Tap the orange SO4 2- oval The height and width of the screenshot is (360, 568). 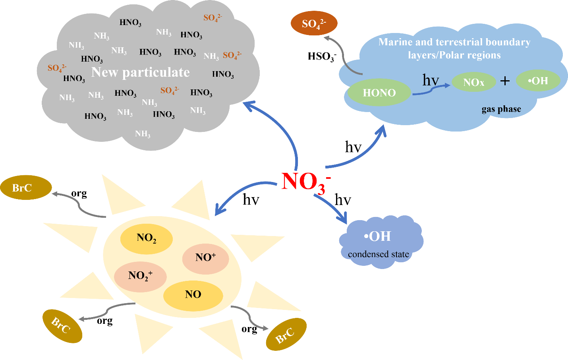coord(314,23)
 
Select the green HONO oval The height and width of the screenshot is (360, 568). coord(379,93)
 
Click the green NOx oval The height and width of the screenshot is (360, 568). coord(473,82)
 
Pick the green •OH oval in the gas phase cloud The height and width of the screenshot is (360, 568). coord(538,81)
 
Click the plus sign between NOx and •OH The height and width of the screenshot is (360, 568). coord(505,81)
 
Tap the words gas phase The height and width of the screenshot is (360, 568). coord(501,109)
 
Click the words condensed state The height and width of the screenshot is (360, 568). coord(378,254)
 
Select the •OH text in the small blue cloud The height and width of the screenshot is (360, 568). coord(377,236)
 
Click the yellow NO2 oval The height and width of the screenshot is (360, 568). coord(146,238)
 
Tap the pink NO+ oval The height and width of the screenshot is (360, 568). coord(205,257)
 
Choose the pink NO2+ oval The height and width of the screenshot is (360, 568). coord(140,276)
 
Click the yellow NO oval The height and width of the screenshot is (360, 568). coord(193,294)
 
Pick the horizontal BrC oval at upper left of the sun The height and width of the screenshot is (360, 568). coord(25,188)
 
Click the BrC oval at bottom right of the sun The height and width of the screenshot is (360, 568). coord(286,335)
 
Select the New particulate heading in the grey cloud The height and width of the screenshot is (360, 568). coord(141,72)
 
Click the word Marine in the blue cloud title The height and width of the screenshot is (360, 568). coord(396,42)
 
